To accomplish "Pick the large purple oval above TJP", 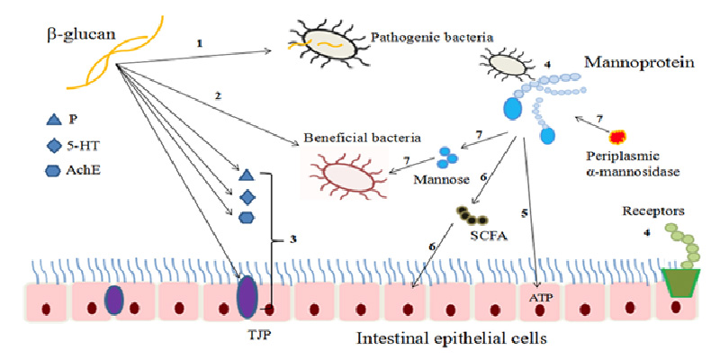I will tap(247, 297).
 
